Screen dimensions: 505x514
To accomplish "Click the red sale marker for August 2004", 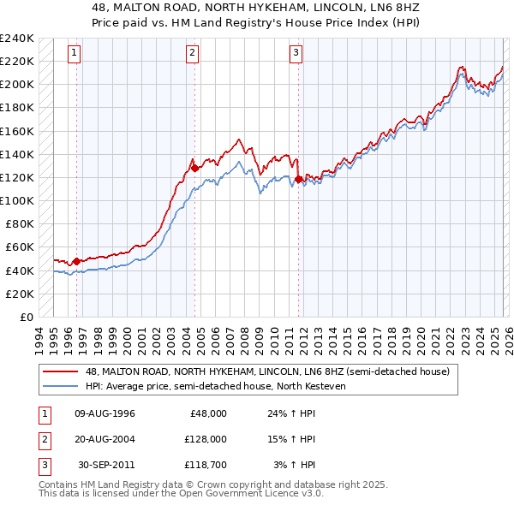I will click(x=194, y=168).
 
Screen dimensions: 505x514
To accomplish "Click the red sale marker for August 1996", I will click(x=76, y=261).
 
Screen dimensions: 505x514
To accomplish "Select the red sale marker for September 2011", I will click(x=299, y=179).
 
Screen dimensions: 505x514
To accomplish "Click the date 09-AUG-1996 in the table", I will click(x=105, y=413).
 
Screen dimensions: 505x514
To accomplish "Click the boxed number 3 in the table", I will click(x=44, y=465).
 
